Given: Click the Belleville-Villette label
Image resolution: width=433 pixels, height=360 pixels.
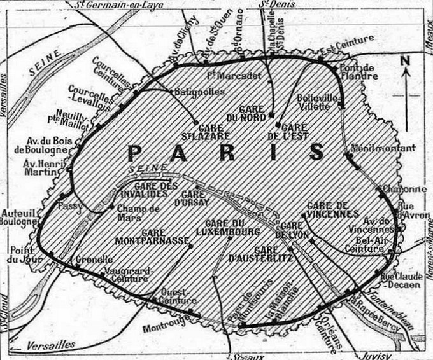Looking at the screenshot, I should (317, 103).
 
